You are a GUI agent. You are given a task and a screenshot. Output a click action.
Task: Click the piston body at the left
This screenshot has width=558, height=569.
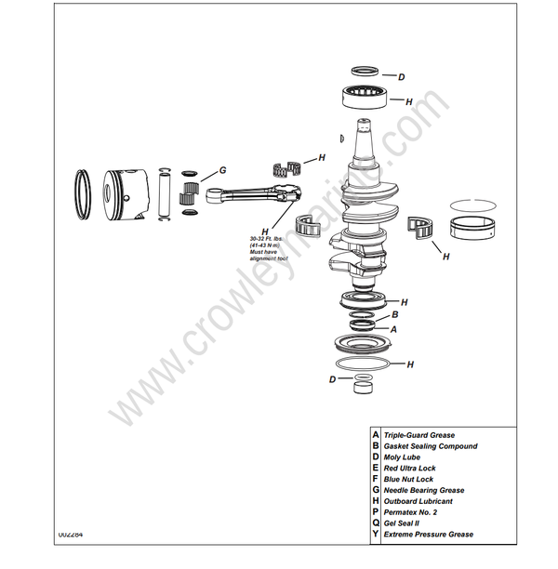125,196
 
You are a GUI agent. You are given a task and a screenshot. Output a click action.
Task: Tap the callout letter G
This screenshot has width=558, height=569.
222,170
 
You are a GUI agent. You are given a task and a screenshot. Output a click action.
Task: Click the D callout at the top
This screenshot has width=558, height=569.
401,76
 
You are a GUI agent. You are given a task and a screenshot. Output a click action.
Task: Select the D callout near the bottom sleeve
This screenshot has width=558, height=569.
333,379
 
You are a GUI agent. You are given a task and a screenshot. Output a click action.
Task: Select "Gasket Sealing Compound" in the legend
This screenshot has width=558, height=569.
431,446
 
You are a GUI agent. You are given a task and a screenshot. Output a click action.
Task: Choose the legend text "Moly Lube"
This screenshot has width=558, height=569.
402,457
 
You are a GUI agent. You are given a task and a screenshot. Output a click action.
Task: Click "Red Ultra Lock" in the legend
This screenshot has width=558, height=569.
409,469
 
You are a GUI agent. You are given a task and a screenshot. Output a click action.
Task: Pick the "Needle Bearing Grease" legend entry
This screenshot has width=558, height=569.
424,490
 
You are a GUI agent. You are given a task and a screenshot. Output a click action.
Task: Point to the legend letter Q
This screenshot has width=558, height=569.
375,523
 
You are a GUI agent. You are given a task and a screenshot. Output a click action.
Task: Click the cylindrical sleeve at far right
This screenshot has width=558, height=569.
473,225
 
